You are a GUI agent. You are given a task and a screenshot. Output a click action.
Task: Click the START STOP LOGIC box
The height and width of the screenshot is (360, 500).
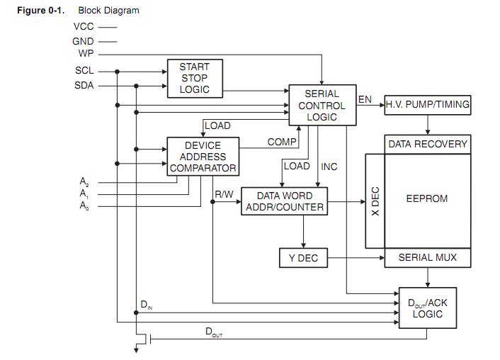[x=194, y=78]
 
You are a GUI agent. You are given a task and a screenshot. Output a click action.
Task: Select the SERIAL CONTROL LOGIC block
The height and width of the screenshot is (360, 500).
[x=322, y=105]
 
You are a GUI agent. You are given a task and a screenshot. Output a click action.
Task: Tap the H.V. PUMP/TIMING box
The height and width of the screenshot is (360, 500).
[x=427, y=105]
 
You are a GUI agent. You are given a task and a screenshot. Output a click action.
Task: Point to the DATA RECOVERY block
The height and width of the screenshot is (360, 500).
[x=427, y=144]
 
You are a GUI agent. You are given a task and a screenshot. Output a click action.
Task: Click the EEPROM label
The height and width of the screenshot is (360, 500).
[x=426, y=198]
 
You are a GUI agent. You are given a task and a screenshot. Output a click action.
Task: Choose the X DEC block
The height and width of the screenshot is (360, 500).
[x=375, y=201]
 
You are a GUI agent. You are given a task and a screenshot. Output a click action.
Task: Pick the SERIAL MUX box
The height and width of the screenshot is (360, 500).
[x=427, y=257]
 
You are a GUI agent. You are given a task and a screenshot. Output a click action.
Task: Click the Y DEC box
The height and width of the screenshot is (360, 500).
[x=303, y=258]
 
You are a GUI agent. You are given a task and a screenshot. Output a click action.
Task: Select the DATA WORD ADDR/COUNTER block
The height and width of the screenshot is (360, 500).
[x=284, y=201]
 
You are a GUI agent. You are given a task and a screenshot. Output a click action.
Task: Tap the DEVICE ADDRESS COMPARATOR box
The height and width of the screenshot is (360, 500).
[x=203, y=157]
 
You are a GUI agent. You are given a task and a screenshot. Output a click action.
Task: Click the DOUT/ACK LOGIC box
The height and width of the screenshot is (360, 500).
[x=427, y=308]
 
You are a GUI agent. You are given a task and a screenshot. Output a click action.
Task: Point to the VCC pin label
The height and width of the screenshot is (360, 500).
[x=84, y=26]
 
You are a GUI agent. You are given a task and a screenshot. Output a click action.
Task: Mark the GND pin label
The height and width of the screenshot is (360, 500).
[x=83, y=41]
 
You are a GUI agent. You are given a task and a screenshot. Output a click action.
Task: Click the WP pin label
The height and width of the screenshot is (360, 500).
[x=86, y=53]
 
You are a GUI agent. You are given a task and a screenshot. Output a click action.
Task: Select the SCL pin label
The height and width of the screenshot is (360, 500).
[x=84, y=71]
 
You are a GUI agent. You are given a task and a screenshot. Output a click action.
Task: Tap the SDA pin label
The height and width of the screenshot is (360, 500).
[x=84, y=85]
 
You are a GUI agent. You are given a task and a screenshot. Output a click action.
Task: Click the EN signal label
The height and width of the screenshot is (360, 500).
[x=365, y=99]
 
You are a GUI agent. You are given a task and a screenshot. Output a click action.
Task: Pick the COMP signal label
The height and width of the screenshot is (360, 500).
[x=282, y=142]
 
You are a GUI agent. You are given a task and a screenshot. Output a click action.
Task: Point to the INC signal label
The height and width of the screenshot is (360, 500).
[x=329, y=167]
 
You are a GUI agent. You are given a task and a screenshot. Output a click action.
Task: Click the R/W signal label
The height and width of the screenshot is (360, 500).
[x=225, y=193]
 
